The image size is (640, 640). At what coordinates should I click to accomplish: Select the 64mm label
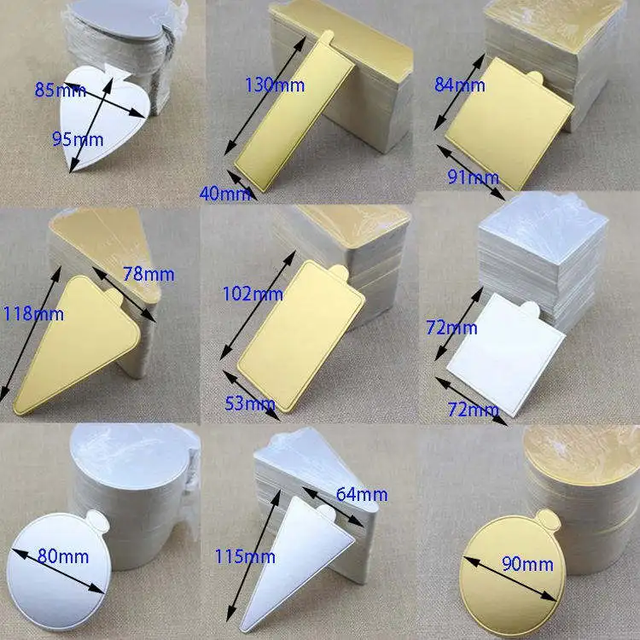tap(363, 494)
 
